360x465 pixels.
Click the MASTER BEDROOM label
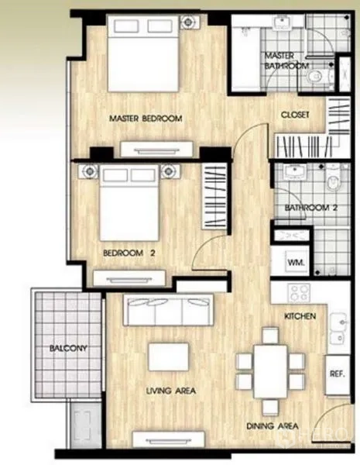(x=146, y=119)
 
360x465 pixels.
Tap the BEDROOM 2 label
(x=129, y=253)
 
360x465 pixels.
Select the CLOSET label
(x=295, y=115)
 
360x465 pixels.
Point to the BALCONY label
(x=68, y=348)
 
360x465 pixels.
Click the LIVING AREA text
(x=171, y=391)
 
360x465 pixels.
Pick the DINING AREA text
(x=273, y=426)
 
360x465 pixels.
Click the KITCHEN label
(x=300, y=316)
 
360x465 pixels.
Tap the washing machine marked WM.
(x=296, y=262)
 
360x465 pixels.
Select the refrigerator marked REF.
(x=338, y=374)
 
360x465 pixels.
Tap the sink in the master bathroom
(x=282, y=23)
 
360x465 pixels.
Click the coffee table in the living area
(x=169, y=356)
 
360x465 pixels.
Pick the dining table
(x=270, y=371)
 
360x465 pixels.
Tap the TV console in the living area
(x=169, y=439)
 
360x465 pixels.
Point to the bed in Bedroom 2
(x=129, y=203)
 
